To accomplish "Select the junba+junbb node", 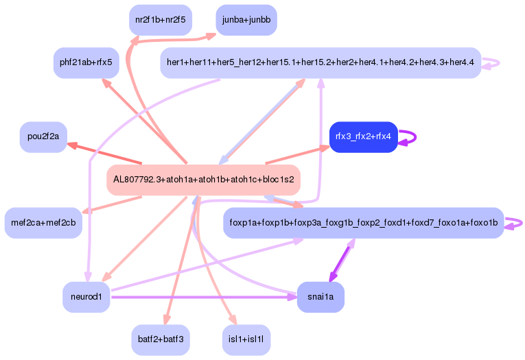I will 246,20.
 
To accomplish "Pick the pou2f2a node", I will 43,136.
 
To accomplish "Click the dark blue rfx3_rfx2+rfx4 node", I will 363,136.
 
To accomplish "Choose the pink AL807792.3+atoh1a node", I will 204,180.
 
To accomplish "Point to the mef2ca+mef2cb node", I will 43,223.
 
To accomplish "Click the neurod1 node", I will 86,297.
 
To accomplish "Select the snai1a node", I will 320,297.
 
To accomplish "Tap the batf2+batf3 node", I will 161,339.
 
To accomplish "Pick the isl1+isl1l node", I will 246,339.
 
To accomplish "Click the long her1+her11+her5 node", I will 320,62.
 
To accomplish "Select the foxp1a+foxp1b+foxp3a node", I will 364,223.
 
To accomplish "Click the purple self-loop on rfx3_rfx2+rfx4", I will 410,136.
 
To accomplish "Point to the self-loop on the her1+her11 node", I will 492,63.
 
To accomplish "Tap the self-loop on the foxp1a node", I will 515,223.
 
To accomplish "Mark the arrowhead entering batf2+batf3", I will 165,320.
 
